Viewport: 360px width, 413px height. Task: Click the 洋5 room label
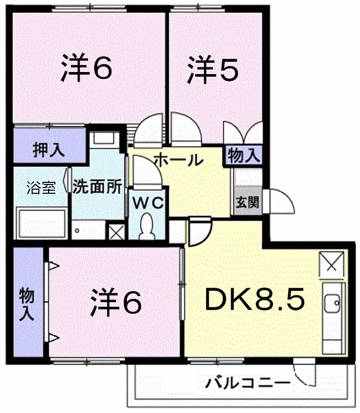pyautogui.click(x=213, y=70)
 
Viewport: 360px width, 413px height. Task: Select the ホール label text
pyautogui.click(x=178, y=160)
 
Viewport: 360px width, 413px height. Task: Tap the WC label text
pyautogui.click(x=147, y=203)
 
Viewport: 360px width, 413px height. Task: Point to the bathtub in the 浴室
pyautogui.click(x=41, y=223)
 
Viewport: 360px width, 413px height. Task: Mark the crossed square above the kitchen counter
pyautogui.click(x=330, y=265)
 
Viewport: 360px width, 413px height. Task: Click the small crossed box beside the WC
pyautogui.click(x=116, y=232)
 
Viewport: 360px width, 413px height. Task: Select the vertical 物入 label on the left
pyautogui.click(x=27, y=303)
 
